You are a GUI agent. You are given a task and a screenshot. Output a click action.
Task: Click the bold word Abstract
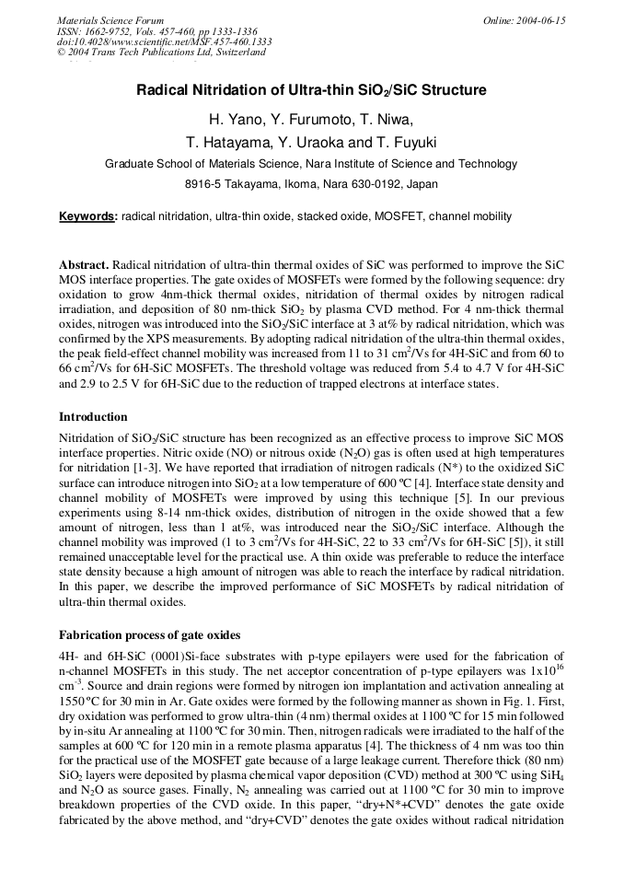[x=84, y=264]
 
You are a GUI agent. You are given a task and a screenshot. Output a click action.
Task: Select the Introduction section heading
[x=93, y=417]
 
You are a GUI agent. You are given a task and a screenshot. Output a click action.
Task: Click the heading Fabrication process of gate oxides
[x=150, y=635]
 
